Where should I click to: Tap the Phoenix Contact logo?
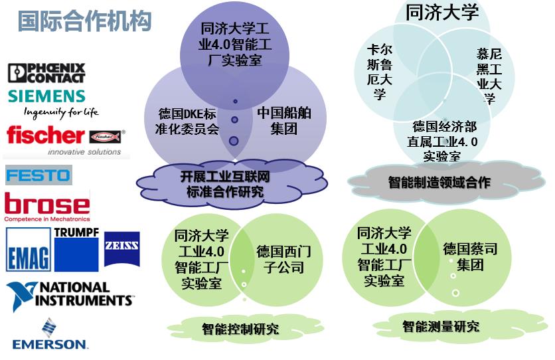tap(46, 72)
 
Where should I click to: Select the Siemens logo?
tap(46, 96)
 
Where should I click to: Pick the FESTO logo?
tap(38, 175)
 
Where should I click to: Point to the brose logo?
tap(46, 205)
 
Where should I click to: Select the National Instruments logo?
tap(70, 296)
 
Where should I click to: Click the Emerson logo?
tap(50, 335)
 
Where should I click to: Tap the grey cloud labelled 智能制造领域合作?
tap(439, 181)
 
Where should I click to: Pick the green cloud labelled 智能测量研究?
tap(440, 325)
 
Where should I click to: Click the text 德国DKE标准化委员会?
tap(189, 120)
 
